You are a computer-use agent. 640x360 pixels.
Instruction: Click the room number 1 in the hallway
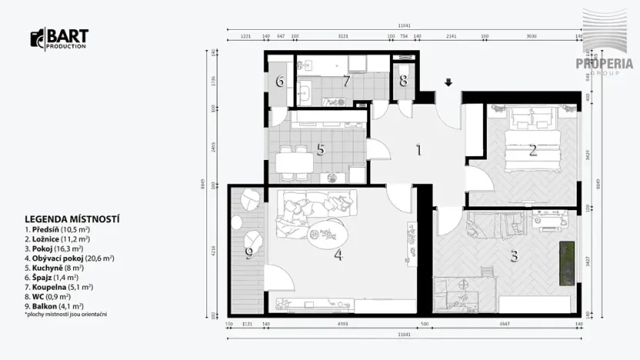pyautogui.click(x=418, y=150)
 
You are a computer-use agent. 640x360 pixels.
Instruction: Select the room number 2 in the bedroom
pyautogui.click(x=532, y=151)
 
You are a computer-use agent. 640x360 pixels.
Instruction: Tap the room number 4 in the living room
pyautogui.click(x=338, y=255)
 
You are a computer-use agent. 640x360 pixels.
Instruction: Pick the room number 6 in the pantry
pyautogui.click(x=280, y=81)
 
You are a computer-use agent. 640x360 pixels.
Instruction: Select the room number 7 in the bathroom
pyautogui.click(x=347, y=81)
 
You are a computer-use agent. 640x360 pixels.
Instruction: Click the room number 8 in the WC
pyautogui.click(x=403, y=81)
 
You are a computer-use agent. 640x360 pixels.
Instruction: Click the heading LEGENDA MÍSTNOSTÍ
pyautogui.click(x=72, y=219)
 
